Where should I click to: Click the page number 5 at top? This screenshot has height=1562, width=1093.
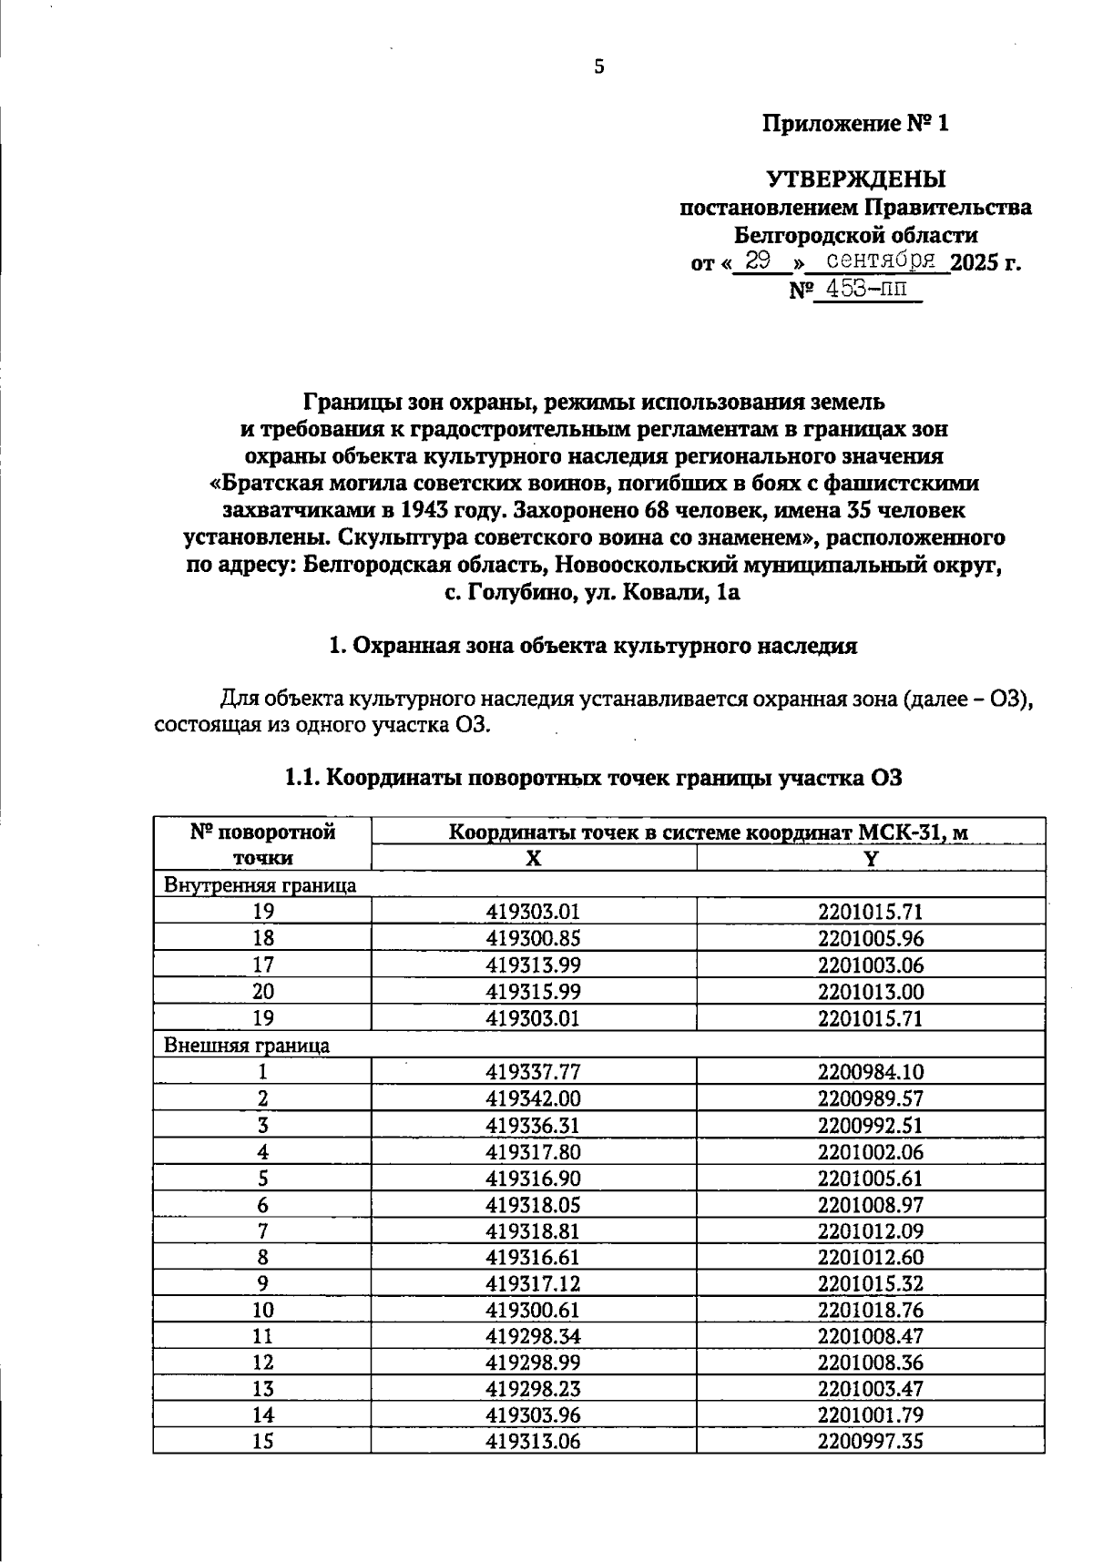(598, 66)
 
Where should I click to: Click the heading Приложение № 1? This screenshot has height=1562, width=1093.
(855, 123)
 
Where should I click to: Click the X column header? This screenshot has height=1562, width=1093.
(534, 858)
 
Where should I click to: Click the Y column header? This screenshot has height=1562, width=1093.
(870, 858)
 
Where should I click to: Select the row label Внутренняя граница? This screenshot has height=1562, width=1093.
(260, 884)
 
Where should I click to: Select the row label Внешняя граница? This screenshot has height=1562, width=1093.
(247, 1045)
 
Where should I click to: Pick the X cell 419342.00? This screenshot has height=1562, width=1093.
(534, 1098)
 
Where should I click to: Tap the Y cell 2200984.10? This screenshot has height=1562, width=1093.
(870, 1072)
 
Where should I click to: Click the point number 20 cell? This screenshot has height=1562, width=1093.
(262, 991)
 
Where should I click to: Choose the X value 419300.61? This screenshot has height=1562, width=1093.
(534, 1311)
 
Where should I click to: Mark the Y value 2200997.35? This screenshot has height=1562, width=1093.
(870, 1441)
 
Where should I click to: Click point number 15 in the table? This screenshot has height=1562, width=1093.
(262, 1441)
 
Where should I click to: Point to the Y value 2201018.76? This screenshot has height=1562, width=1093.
(870, 1311)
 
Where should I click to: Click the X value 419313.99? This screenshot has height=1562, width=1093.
(534, 965)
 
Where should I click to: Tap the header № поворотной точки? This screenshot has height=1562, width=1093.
(262, 844)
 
